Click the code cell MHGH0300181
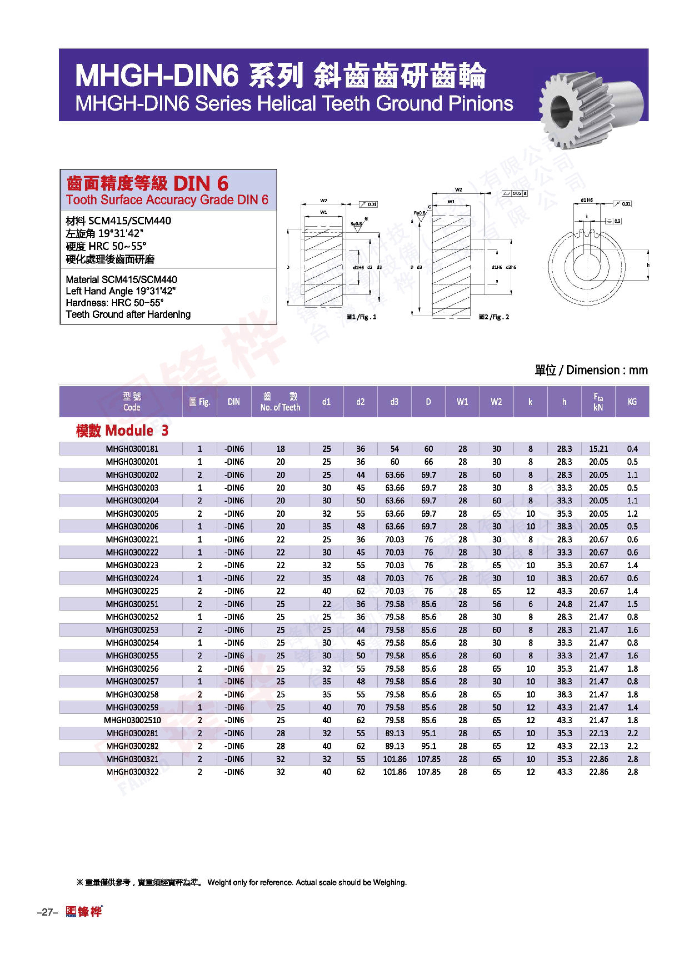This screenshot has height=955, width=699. [x=132, y=449]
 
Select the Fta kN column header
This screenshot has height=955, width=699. [x=598, y=402]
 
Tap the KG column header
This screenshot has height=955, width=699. [x=632, y=402]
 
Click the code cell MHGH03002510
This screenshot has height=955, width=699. [x=132, y=720]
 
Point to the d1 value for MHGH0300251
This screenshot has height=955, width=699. [x=326, y=604]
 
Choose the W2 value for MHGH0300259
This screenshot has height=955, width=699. [x=496, y=707]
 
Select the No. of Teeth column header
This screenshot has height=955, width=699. [x=280, y=402]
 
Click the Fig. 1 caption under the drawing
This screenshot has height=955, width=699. [x=361, y=317]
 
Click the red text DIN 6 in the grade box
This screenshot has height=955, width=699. [x=201, y=184]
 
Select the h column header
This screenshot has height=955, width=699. [x=564, y=402]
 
